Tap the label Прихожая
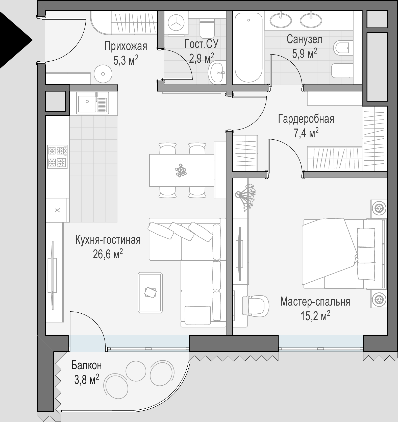(x=126, y=46)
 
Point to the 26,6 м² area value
(x=108, y=254)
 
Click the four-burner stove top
(x=57, y=157)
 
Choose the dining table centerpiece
(x=181, y=171)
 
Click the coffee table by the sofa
(x=150, y=292)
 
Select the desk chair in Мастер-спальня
(x=256, y=305)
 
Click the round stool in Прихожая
(x=103, y=74)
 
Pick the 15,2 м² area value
(x=315, y=315)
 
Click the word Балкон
(x=86, y=365)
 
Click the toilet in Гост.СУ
(x=207, y=28)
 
